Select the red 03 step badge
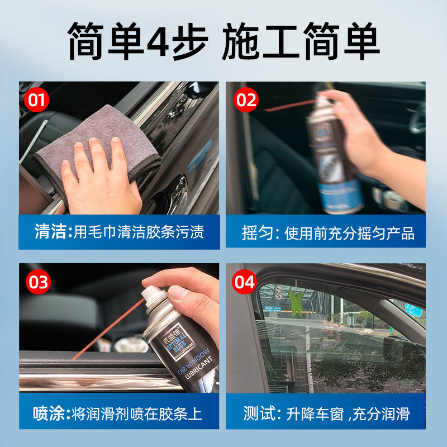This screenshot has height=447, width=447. pos(37,283)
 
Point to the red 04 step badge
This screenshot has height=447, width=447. pos(244,283)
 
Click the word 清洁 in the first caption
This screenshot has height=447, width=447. pos(51,232)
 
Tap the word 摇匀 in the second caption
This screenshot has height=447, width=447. pos(259,232)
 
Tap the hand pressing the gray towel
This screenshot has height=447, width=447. pos(101,179)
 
